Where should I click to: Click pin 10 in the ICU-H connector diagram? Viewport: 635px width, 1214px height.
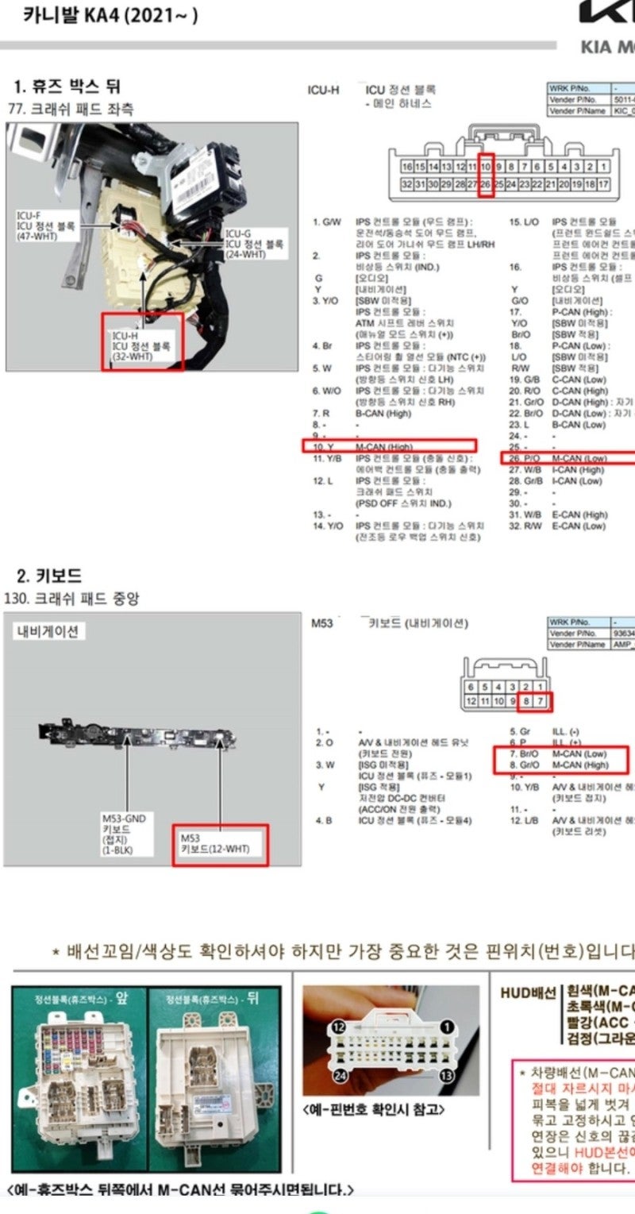coord(486,167)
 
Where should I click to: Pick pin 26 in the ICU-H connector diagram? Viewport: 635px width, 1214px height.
coord(486,184)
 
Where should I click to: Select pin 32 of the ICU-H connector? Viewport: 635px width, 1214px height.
coord(407,184)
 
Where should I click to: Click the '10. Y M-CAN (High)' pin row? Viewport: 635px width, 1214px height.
coord(389,447)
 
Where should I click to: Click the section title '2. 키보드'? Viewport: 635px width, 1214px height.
coord(49,576)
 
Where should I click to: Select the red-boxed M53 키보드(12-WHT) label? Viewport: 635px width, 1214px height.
coord(221,843)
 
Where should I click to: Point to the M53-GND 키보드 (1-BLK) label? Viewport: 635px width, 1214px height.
coord(124,834)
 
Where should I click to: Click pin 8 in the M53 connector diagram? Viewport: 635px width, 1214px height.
coord(526,701)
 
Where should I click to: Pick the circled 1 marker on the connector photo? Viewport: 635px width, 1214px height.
coord(446,1027)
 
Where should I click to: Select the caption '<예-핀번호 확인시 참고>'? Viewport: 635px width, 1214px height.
coord(374,1109)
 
